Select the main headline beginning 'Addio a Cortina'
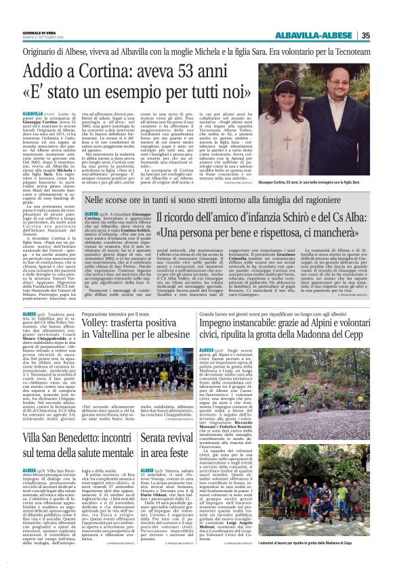[142, 81]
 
